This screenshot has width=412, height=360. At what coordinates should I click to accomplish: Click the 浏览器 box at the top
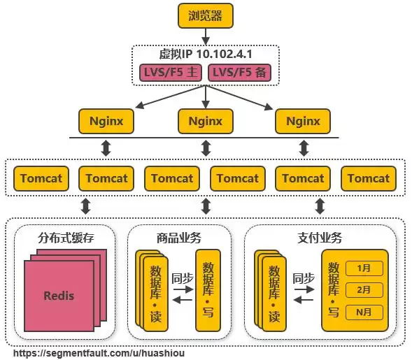coord(205,16)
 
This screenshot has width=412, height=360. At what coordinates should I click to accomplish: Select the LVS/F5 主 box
coord(169,72)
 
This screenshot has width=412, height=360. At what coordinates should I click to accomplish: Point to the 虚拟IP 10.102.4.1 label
coord(205,55)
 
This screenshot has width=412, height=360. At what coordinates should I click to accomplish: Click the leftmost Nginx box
coord(106,121)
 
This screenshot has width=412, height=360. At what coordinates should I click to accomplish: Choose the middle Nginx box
coord(205,121)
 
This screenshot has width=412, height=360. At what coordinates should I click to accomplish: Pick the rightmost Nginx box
coord(303,121)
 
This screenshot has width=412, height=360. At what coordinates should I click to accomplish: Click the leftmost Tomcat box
coord(41,178)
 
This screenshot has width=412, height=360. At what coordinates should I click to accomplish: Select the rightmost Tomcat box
coord(369,178)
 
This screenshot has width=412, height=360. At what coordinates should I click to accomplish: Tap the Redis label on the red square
coord(59,295)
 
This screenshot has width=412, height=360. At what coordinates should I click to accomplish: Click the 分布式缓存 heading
coord(66,238)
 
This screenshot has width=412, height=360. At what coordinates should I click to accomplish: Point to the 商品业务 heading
coord(180,238)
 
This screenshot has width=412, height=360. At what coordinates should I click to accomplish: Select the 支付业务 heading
coord(320,238)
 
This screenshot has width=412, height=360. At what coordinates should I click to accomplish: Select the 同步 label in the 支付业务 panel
coord(303,278)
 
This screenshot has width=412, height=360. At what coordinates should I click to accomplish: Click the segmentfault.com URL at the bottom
coord(99,354)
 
